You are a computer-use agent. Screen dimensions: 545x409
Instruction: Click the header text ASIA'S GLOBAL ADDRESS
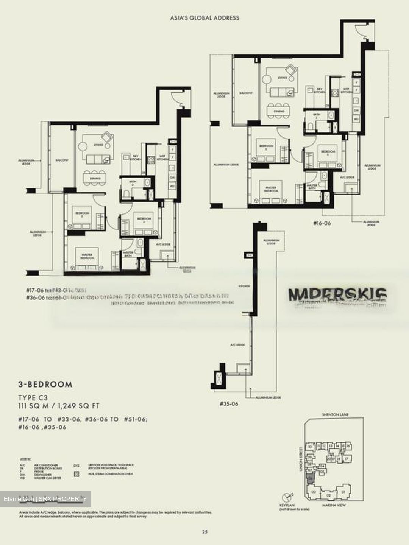coord(204,17)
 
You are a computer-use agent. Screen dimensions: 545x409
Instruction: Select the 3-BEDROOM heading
coord(45,385)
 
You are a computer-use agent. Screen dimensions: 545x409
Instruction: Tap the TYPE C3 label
coord(33,398)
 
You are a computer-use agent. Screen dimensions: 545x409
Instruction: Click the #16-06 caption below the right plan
coord(322,223)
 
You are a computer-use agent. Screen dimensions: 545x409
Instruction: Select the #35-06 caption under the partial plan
coord(229,404)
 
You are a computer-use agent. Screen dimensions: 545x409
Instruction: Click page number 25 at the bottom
coord(204,532)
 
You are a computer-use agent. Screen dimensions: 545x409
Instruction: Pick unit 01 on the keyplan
coord(343,492)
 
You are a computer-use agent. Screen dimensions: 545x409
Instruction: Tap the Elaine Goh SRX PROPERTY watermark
coord(45,499)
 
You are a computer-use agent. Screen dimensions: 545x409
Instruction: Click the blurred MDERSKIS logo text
coord(337,294)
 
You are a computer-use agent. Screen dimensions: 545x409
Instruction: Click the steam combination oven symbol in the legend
coord(77,473)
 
